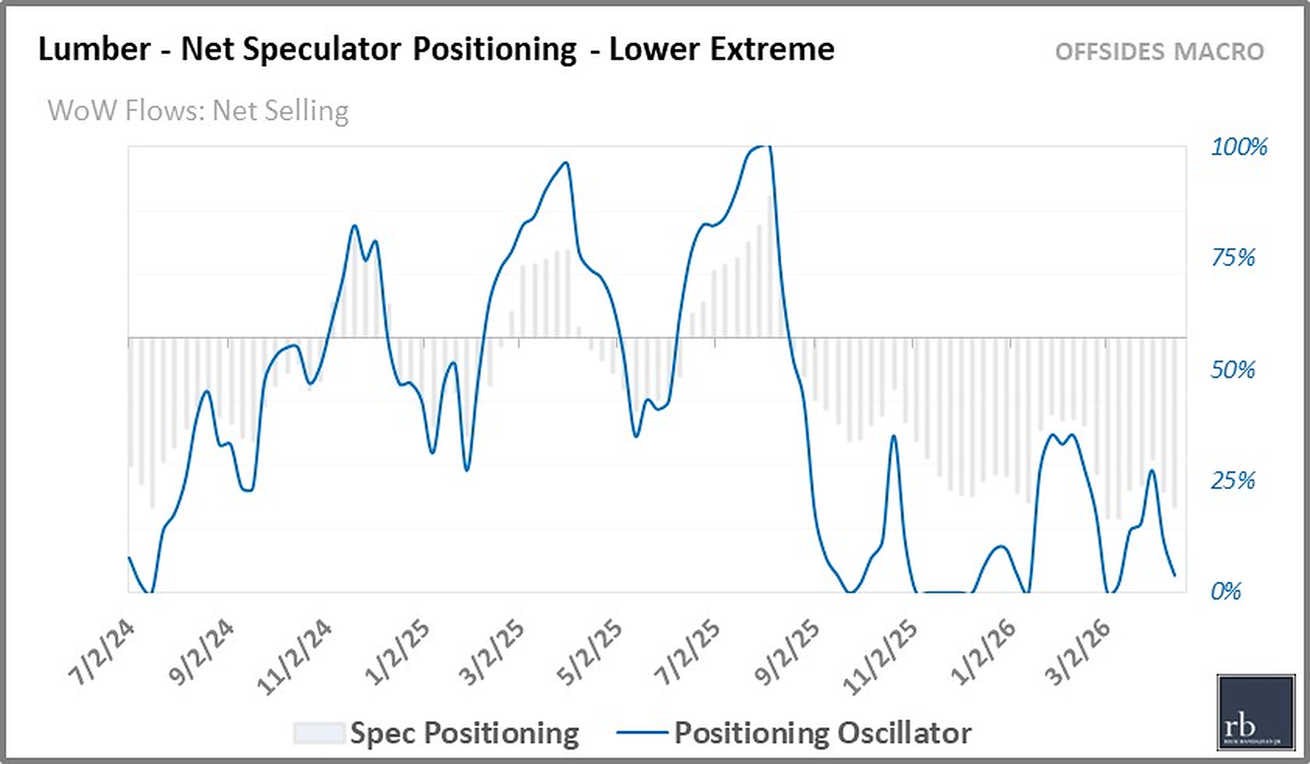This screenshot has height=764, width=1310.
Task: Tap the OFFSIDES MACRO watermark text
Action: pos(1159,52)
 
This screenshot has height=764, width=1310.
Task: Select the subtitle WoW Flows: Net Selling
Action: pos(198,111)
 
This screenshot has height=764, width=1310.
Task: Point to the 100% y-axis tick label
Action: pos(1239,147)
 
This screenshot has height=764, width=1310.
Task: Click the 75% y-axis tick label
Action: pos(1233,258)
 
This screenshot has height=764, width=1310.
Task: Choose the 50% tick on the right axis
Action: pos(1233,370)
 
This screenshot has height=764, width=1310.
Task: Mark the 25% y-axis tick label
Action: pos(1233,480)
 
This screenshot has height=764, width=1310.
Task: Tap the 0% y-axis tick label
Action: pos(1226,591)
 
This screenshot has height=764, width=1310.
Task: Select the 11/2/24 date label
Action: pos(295,656)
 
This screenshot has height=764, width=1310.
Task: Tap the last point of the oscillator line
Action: pos(1175,576)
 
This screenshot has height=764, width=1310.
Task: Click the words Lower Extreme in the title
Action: pos(721,49)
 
